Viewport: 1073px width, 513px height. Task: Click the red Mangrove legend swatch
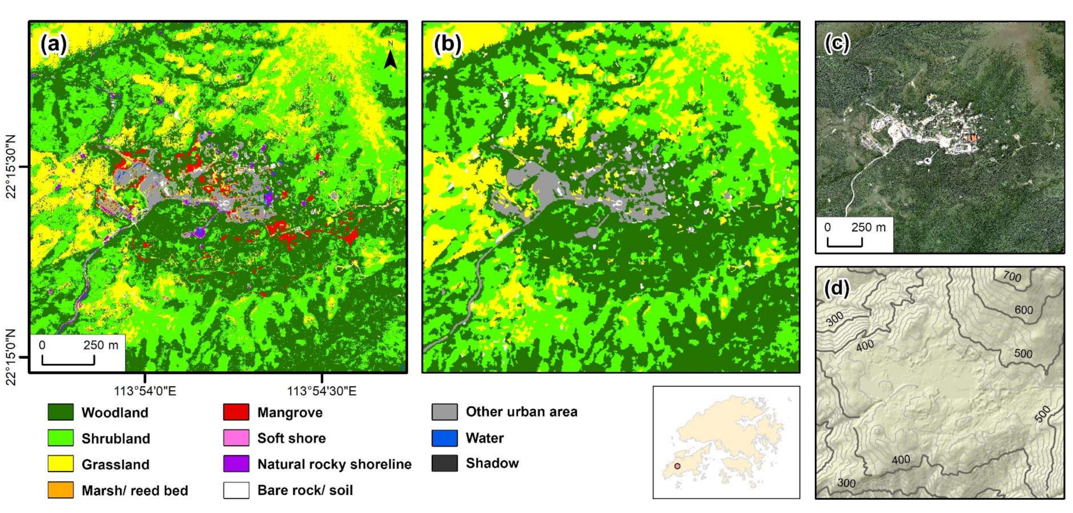tap(236, 412)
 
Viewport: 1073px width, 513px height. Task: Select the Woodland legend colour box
tap(60, 412)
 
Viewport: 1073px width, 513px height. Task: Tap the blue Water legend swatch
tap(445, 438)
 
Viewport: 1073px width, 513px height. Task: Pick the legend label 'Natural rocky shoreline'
tap(334, 464)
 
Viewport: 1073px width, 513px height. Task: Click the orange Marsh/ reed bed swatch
tap(60, 490)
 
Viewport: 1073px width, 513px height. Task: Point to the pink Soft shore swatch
tap(236, 438)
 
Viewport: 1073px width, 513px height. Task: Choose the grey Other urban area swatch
tap(445, 412)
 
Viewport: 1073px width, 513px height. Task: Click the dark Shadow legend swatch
tap(445, 463)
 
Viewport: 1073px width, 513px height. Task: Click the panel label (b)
tap(447, 44)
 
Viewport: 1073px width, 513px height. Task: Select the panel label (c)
tap(837, 42)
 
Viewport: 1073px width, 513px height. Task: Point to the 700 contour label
tap(1012, 277)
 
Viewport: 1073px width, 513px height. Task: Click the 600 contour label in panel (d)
tap(1023, 310)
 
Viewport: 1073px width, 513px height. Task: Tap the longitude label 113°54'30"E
tap(322, 391)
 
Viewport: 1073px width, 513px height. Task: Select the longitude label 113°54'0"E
tap(145, 391)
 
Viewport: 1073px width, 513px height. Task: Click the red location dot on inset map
tap(677, 466)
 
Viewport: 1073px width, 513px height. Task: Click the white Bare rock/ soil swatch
tap(236, 490)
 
